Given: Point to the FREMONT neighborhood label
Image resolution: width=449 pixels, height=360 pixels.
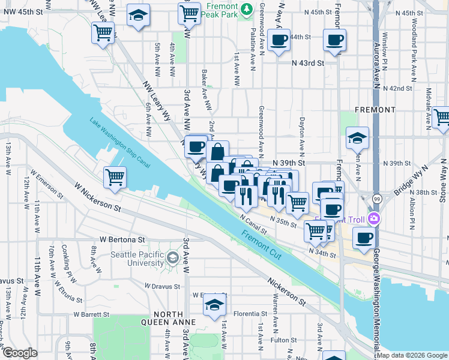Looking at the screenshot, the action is [x=375, y=110].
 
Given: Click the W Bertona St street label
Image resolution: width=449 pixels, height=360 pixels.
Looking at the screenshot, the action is [x=122, y=239].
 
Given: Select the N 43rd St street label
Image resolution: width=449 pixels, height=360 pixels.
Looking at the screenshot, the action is [x=308, y=62].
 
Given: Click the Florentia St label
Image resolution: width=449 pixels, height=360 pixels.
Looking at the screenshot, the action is [x=250, y=313].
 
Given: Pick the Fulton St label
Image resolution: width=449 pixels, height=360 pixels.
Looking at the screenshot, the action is [x=280, y=340].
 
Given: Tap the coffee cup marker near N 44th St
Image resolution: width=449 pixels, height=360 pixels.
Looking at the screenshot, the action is [x=279, y=40].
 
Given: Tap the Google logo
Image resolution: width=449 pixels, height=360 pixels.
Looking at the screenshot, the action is [x=20, y=353].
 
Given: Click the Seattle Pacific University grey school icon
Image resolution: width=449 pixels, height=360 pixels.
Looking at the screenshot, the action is [x=173, y=259].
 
